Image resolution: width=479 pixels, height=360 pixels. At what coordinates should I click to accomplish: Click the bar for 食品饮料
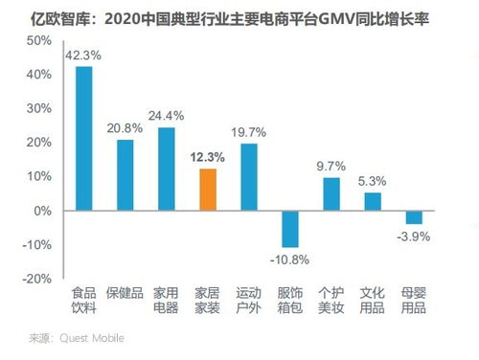pyautogui.click(x=84, y=138)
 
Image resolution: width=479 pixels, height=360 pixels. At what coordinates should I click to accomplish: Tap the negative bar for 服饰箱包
pyautogui.click(x=290, y=228)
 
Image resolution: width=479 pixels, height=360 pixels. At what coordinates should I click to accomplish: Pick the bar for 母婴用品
pyautogui.click(x=414, y=217)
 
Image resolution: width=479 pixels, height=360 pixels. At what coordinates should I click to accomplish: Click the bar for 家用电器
pyautogui.click(x=167, y=169)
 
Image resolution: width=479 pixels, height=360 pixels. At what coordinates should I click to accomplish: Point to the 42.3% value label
pyautogui.click(x=83, y=56)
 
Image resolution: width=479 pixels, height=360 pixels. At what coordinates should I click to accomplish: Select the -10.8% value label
pyautogui.click(x=290, y=259)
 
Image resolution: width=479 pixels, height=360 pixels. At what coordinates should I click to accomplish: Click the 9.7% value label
pyautogui.click(x=331, y=167)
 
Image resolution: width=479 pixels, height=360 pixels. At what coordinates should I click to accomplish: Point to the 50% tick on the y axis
pyautogui.click(x=37, y=40)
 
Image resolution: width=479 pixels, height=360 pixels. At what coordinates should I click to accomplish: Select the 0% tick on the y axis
pyautogui.click(x=41, y=211)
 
